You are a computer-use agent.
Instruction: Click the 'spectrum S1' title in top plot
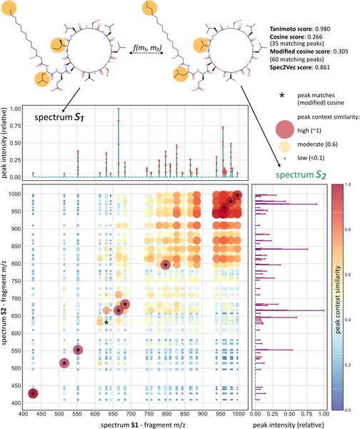tap(65, 117)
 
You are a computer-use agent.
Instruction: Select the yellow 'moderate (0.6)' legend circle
tap(289, 147)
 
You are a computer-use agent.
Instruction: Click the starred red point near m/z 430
tap(34, 393)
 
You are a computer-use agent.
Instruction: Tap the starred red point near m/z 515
tap(64, 363)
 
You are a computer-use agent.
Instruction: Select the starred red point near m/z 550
tap(78, 350)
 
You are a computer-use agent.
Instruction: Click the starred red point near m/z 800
tap(166, 265)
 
